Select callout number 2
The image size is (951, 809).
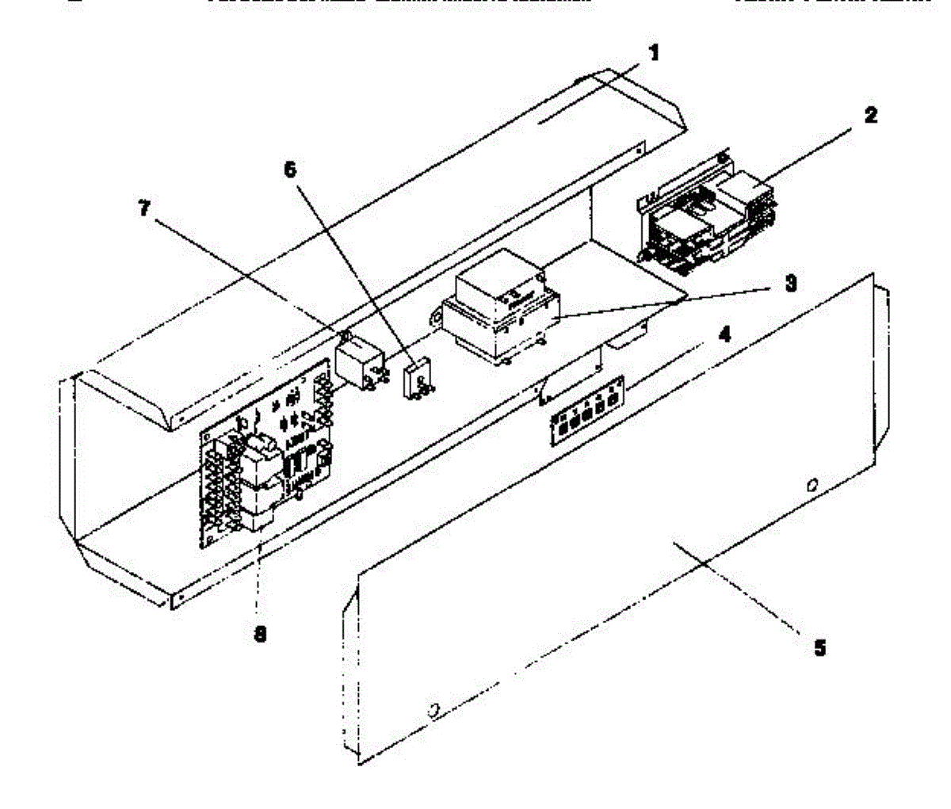pos(870,115)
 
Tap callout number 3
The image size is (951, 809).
pos(790,283)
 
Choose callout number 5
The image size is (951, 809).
pos(819,648)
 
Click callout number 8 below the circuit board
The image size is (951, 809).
pos(259,634)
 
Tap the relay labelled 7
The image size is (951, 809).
pos(360,362)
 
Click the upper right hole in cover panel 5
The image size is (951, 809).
pos(810,485)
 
